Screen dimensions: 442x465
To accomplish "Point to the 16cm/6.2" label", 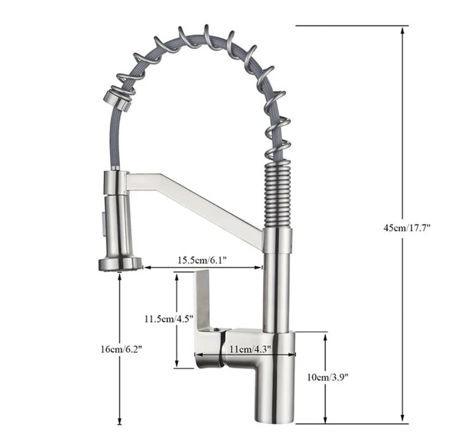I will pos(121,349).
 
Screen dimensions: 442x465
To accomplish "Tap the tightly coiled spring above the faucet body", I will pos(277,196).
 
